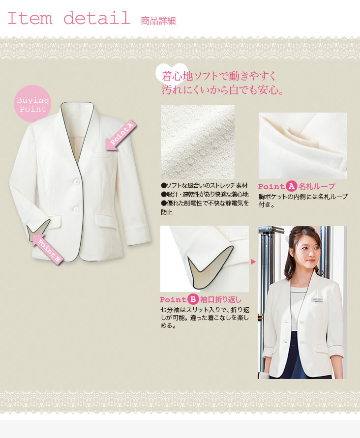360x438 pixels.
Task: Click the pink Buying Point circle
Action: point(32,104)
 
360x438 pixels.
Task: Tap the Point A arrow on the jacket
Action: point(120,136)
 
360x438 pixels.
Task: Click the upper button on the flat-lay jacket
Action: point(76,182)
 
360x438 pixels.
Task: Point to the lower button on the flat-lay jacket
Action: point(76,209)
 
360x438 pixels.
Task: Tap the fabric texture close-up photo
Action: point(198,142)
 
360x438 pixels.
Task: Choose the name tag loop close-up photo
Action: point(302,146)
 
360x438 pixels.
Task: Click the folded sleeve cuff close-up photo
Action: point(204,259)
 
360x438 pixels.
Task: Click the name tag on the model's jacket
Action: point(317,300)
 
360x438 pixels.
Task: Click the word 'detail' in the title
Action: point(97,18)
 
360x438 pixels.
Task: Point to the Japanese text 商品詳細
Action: point(158,21)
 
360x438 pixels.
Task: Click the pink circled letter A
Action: point(291,186)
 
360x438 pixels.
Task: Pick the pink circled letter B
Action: point(193,299)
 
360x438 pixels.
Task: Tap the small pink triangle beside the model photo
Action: point(253,262)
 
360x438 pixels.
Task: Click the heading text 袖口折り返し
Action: point(220,300)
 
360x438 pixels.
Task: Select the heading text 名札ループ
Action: point(317,186)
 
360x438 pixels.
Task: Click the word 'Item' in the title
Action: point(30,18)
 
